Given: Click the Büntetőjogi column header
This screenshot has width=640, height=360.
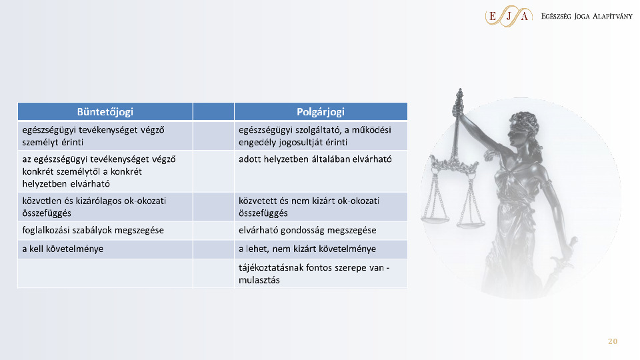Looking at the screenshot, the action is [105, 112].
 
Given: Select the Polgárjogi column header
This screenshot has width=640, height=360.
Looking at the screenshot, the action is [321, 112].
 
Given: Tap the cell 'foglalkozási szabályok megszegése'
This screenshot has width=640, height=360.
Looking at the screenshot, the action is [105, 231].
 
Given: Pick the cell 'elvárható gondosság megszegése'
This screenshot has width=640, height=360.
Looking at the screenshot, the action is [321, 231].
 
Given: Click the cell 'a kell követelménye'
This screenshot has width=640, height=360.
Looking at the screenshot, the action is [105, 249].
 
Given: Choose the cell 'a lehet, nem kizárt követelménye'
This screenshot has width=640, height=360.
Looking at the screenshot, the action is [321, 249].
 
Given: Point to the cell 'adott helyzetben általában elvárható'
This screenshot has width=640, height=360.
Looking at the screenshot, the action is [321, 171].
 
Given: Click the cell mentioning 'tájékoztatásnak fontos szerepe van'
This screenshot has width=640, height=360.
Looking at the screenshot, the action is [321, 273].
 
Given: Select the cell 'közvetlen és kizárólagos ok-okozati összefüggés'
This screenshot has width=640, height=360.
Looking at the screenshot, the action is [105, 207].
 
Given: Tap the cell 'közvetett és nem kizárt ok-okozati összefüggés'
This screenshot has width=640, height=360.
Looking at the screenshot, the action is [321, 207].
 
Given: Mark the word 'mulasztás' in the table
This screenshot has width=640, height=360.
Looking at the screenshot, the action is [259, 281].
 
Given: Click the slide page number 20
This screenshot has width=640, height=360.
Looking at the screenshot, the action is [613, 341].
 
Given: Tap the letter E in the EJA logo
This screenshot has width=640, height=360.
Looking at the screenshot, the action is [493, 16].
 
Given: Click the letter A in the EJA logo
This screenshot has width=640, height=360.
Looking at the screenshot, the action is [525, 16].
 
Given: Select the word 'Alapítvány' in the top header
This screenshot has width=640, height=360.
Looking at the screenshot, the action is [612, 16].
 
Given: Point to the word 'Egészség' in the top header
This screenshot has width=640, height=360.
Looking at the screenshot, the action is [556, 17].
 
